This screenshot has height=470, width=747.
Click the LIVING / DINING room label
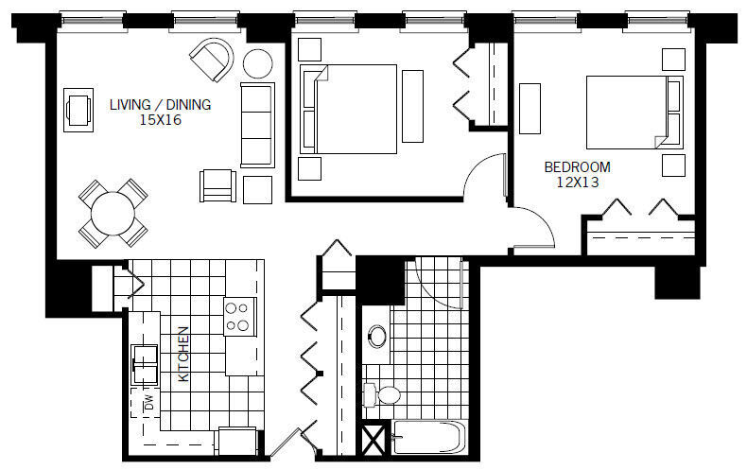pyautogui.click(x=159, y=104)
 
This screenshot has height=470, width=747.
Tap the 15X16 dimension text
pyautogui.click(x=159, y=120)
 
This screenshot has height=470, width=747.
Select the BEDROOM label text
pyautogui.click(x=576, y=167)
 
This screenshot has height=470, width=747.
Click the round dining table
pyautogui.click(x=113, y=214)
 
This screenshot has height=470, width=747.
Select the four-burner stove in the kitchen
pyautogui.click(x=239, y=315)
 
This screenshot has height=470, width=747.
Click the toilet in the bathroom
pyautogui.click(x=384, y=394)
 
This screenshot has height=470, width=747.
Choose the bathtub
pyautogui.click(x=427, y=440)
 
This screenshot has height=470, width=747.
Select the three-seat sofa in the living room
pyautogui.click(x=256, y=123)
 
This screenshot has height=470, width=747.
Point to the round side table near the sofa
pyautogui.click(x=257, y=64)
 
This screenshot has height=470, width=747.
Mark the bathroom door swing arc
pyautogui.click(x=437, y=281)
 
